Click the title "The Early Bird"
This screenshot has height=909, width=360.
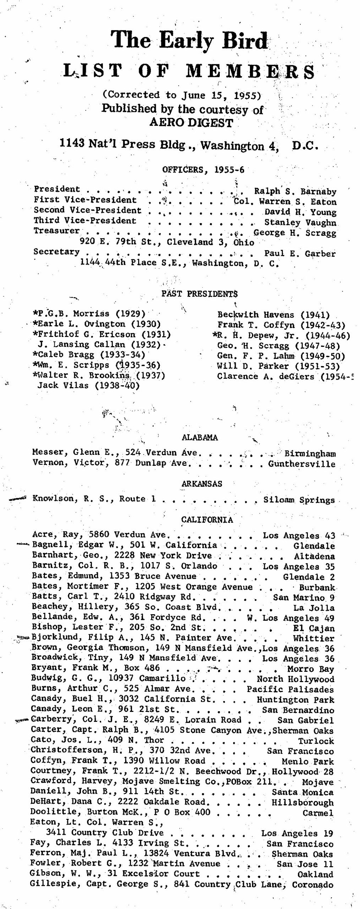tap(189, 41)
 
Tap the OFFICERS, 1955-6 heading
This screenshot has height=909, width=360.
tap(203, 169)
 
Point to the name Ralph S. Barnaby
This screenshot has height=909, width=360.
tap(295, 191)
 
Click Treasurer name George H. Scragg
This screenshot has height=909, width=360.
tap(295, 233)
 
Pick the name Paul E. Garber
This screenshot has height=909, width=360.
tap(300, 254)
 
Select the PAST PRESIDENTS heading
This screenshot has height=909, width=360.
tap(200, 294)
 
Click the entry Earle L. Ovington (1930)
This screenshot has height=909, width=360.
tap(98, 324)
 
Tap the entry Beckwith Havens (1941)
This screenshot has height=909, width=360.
tap(273, 315)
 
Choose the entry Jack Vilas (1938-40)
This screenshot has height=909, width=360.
tap(88, 385)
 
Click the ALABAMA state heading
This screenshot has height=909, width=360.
tap(200, 437)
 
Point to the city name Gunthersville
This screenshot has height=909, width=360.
tap(301, 464)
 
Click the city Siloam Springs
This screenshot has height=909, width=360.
tap(299, 500)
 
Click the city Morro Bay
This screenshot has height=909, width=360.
tap(311, 669)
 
